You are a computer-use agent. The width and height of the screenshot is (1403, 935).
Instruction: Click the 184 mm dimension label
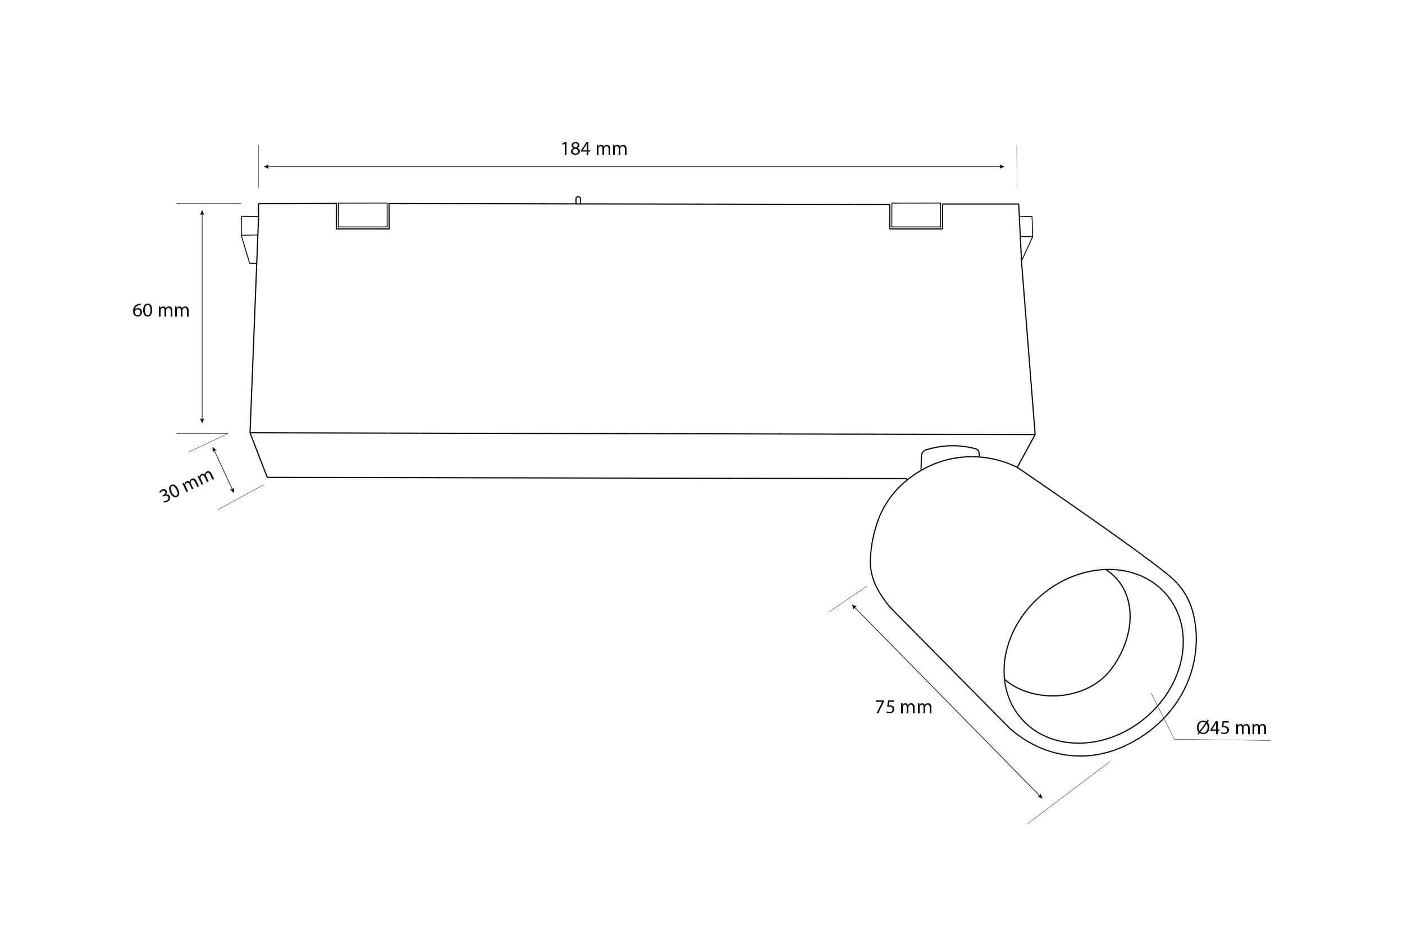point(593,149)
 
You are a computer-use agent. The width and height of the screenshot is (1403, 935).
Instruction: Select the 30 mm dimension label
point(187,485)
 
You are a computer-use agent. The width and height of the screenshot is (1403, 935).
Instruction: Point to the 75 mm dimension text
point(903,707)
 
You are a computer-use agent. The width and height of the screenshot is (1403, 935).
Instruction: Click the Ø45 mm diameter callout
point(1231,727)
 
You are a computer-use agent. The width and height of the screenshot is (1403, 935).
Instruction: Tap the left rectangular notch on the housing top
point(363,216)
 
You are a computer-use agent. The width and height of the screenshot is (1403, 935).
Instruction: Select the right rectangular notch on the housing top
point(916,216)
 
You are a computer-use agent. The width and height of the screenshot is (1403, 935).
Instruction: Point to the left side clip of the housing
point(249,239)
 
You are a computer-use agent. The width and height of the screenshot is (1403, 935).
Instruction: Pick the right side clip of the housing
point(1027,238)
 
